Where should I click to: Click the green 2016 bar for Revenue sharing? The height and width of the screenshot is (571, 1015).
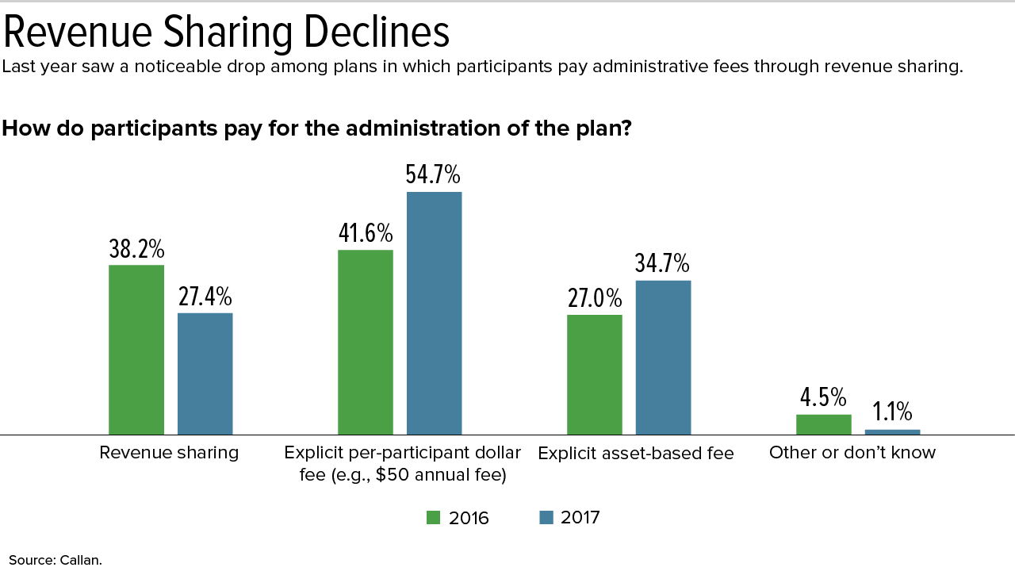point(136,350)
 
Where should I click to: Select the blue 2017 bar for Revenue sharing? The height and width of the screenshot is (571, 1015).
point(205,374)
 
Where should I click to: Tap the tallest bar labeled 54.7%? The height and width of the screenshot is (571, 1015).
point(434,313)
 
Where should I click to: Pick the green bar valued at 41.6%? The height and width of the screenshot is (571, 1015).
point(366,342)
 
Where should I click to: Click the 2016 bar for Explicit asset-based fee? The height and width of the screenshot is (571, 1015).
point(595,375)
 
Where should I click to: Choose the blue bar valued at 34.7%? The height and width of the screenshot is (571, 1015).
point(664,358)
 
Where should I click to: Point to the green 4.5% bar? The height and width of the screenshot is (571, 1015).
point(824,424)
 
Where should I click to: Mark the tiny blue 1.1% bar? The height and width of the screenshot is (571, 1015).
point(893,432)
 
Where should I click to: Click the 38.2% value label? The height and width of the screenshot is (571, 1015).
point(136,249)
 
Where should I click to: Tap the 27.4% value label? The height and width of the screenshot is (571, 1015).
point(205,297)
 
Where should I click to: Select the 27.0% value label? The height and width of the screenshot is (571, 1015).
point(595,299)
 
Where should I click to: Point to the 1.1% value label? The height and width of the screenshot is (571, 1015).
point(892,412)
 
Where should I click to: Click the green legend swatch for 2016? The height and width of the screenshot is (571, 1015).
point(433,518)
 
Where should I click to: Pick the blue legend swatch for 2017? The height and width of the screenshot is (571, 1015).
point(546,518)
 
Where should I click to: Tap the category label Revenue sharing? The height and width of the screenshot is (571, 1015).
point(169,453)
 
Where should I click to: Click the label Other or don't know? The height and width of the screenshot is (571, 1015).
point(852,453)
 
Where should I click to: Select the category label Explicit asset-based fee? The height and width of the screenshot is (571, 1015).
point(636,453)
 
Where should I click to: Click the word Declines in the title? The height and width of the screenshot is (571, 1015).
point(377,33)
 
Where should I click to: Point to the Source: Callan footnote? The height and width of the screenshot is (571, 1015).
point(56,560)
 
